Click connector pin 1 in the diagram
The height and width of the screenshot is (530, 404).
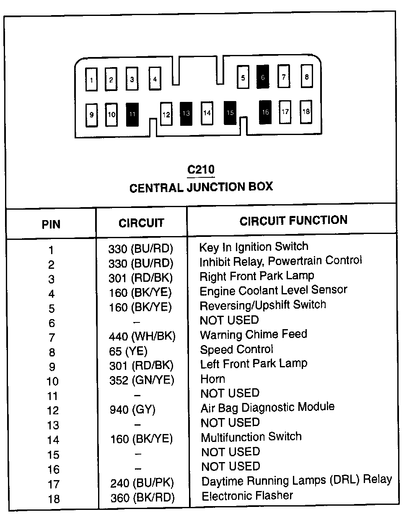tap(91, 79)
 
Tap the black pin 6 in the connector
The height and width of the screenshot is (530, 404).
tap(263, 77)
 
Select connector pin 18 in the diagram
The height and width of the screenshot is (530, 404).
tap(306, 112)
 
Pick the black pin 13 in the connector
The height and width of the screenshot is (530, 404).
tap(186, 113)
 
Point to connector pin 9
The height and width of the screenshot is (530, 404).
tap(91, 114)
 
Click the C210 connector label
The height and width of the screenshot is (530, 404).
tap(201, 169)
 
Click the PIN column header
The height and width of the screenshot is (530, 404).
tap(51, 224)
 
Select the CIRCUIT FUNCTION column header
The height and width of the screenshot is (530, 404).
tap(293, 221)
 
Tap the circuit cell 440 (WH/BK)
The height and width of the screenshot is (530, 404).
tap(142, 336)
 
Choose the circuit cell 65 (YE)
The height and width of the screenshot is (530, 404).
tap(128, 351)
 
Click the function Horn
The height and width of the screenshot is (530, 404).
tap(213, 379)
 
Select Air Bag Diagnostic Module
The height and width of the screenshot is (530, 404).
tap(267, 408)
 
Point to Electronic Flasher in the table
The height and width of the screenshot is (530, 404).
tap(247, 496)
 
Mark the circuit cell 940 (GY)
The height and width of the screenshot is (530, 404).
tap(132, 409)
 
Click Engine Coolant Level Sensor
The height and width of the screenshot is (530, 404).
tap(273, 290)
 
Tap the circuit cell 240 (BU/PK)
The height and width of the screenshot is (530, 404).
tap(142, 483)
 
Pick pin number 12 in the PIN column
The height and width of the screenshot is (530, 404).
tap(53, 410)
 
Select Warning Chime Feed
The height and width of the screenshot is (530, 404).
tap(254, 335)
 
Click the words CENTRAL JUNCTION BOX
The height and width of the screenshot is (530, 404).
tap(201, 187)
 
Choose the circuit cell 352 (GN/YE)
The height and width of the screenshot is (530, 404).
tap(142, 380)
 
